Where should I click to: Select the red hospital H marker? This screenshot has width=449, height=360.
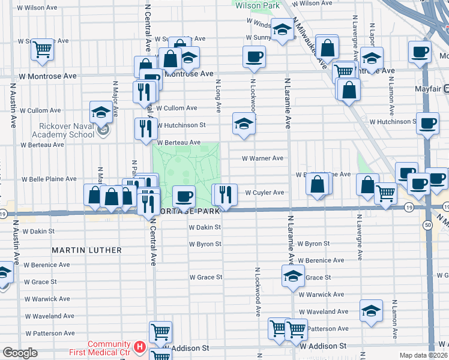point(140,347)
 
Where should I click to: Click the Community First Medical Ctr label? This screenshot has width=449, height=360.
point(109,347)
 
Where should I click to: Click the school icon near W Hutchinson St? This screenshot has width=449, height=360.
point(244,123)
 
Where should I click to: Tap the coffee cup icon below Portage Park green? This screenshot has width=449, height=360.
point(184,195)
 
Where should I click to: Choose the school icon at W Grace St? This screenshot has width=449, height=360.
point(293,275)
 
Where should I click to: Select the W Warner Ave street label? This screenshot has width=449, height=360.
point(262,158)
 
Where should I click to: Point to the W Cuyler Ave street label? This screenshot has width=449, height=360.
point(265,193)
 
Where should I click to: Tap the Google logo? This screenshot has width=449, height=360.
point(20,353)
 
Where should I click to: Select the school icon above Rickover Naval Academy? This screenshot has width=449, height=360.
point(101,112)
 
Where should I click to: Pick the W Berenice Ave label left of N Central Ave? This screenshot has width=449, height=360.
point(46,265)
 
